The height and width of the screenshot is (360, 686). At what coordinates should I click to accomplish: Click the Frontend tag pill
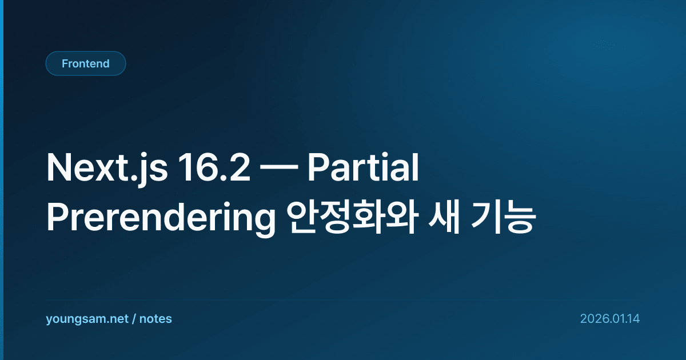click(86, 63)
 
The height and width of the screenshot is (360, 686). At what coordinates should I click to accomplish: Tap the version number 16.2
click(214, 167)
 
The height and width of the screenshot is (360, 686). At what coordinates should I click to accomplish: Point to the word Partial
click(363, 167)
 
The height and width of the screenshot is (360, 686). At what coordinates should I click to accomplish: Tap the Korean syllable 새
click(444, 218)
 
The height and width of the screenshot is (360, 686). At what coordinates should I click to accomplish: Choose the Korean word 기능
click(504, 218)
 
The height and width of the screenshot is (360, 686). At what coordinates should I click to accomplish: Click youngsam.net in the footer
click(87, 319)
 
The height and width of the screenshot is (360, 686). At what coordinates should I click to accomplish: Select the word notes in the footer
click(155, 319)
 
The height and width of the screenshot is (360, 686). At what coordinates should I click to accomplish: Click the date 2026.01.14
click(610, 319)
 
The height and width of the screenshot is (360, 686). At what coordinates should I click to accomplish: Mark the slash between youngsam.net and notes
click(134, 319)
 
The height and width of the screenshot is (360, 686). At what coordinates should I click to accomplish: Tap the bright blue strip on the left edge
click(2, 180)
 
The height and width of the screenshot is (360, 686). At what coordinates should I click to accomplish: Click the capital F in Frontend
click(65, 63)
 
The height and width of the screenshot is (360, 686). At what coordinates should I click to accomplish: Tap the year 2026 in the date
click(595, 319)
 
